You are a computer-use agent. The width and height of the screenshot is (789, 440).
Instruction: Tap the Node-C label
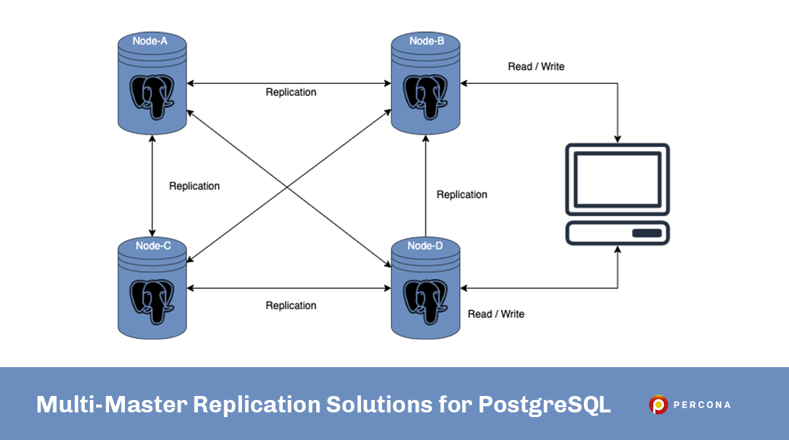[153, 246]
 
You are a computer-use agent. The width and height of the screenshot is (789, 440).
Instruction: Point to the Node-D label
[425, 246]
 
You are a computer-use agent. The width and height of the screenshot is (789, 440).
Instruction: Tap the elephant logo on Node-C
[152, 301]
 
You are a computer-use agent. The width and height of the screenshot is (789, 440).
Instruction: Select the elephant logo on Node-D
[426, 301]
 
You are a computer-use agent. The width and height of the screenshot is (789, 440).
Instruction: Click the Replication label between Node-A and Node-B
[291, 93]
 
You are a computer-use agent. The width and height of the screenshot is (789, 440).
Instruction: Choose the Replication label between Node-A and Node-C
[194, 186]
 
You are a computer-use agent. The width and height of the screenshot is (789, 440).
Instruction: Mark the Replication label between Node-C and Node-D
[291, 305]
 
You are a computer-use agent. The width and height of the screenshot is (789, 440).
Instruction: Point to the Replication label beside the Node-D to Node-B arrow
[462, 194]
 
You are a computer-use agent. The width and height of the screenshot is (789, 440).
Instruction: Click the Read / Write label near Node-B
[536, 66]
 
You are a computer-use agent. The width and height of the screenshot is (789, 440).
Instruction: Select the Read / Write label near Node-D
[496, 314]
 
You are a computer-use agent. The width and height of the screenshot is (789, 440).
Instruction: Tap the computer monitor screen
[617, 179]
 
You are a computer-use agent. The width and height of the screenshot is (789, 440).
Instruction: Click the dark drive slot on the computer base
[646, 233]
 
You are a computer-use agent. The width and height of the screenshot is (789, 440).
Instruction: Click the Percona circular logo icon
[658, 405]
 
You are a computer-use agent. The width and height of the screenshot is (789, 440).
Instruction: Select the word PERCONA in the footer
[702, 405]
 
